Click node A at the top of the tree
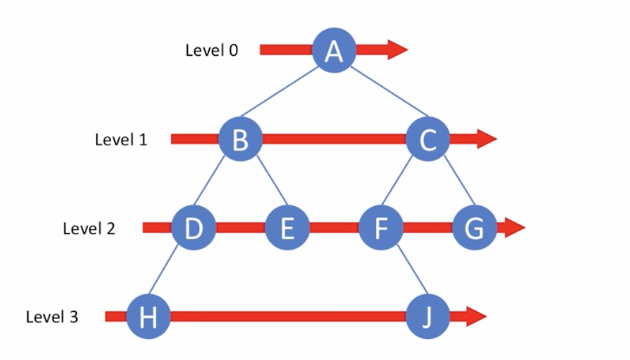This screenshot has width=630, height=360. tap(334, 50)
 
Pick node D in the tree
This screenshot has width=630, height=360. tap(194, 228)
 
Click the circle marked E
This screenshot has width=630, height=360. tap(287, 228)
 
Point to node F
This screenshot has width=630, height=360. tap(381, 228)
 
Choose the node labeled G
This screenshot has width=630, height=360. tap(474, 228)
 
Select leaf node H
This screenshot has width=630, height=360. tap(148, 317)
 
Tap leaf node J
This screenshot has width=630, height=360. tap(427, 317)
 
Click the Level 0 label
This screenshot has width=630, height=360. tap(211, 51)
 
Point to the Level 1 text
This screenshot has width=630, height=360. tap(121, 140)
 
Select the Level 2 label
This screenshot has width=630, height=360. tap(89, 229)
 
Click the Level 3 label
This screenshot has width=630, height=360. tap(52, 318)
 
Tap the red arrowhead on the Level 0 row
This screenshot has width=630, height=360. tap(397, 49)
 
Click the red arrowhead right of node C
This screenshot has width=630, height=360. tap(487, 139)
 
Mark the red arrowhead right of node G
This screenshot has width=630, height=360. tap(515, 228)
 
